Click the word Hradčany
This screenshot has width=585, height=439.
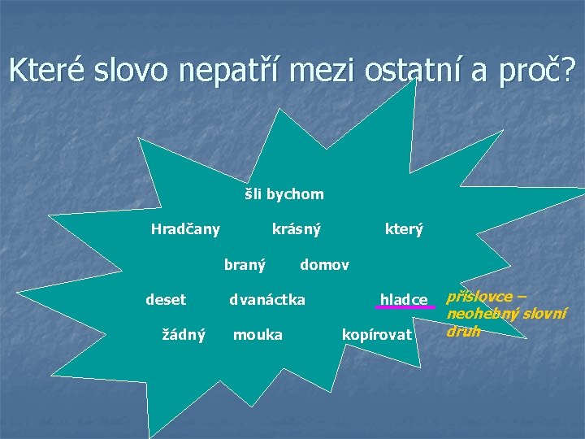(185, 230)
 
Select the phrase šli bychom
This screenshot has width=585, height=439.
(284, 194)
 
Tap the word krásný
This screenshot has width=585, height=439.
(296, 230)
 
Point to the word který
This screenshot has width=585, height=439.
(404, 230)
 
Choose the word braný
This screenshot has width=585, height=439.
(245, 265)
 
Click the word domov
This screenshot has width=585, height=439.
(324, 265)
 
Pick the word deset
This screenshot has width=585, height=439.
(166, 300)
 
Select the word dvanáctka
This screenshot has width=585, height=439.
(267, 300)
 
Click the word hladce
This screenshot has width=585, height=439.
(404, 301)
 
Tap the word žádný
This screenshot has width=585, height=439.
(184, 334)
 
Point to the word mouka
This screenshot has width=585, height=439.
(258, 334)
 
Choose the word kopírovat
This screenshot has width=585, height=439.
(378, 335)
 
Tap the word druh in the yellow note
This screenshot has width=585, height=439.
(463, 331)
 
